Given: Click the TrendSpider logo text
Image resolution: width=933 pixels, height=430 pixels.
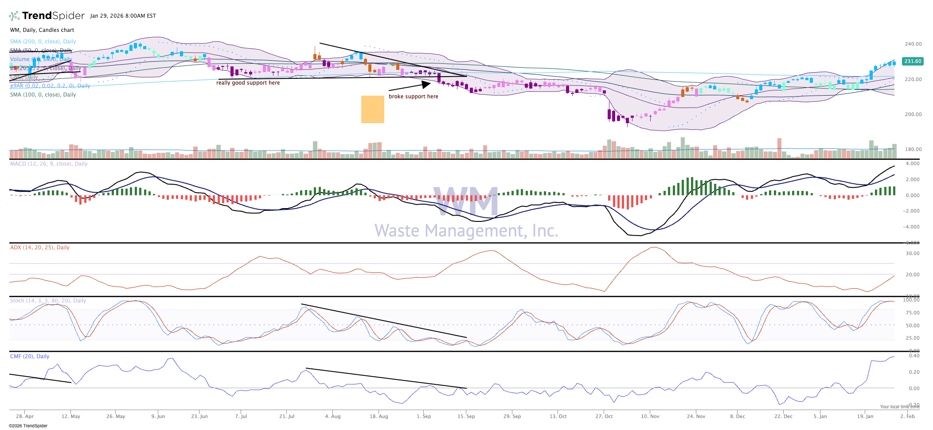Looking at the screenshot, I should point(53,16).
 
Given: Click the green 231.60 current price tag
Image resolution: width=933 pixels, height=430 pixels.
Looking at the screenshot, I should point(913,62).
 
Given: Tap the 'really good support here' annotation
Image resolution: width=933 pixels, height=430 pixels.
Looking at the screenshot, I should point(248,83).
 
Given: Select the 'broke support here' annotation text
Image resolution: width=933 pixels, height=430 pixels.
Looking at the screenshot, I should point(413,97).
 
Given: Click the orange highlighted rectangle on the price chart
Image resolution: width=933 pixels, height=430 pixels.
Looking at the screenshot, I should point(372,109).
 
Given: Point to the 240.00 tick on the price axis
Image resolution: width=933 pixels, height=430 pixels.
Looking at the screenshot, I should point(913,44).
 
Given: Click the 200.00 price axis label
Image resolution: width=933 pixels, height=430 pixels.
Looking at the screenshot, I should point(913,114).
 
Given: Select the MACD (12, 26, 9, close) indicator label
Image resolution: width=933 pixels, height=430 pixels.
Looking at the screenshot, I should point(49,164).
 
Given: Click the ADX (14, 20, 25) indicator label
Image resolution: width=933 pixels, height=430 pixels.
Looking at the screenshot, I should point(39,248).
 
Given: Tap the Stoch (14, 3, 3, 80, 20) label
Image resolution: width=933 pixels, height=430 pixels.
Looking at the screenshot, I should point(48,301).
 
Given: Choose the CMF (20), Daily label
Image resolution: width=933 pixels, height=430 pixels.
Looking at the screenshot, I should point(30,356).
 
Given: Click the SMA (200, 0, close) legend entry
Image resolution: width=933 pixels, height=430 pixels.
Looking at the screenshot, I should point(43,42).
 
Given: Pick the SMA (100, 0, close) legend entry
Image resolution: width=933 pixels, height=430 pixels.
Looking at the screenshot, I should point(43,95).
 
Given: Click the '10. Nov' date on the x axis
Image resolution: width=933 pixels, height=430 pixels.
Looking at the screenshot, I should point(650,416).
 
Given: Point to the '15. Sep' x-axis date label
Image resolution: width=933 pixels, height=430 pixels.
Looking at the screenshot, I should point(466,416).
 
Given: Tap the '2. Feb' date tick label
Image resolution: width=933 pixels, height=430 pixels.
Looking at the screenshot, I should point(907,416).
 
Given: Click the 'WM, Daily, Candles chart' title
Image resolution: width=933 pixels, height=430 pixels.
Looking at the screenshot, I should point(42,30).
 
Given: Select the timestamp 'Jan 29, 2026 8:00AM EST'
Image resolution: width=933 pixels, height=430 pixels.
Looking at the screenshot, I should point(123,16).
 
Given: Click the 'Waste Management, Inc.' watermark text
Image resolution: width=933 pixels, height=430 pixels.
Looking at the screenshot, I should point(466,231).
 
